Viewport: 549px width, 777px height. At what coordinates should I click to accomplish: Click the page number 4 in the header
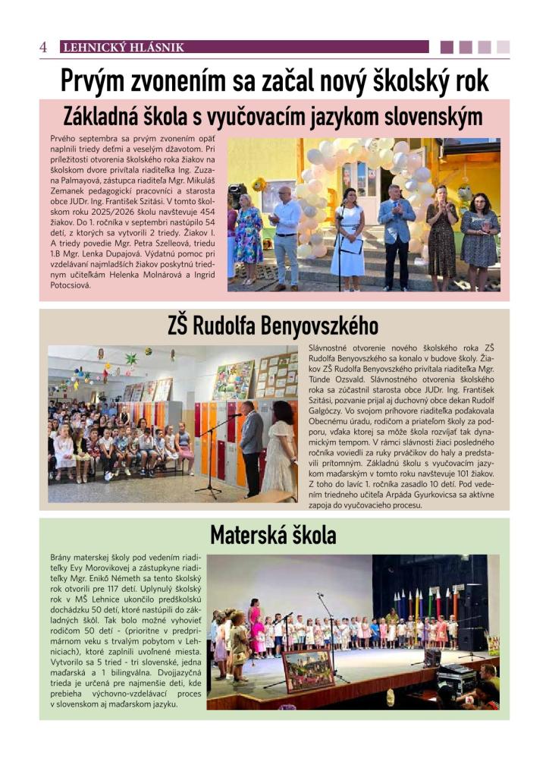pyautogui.click(x=43, y=47)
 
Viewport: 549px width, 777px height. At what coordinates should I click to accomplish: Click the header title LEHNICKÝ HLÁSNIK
pyautogui.click(x=123, y=47)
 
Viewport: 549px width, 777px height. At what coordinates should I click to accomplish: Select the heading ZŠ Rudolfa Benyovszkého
pyautogui.click(x=272, y=327)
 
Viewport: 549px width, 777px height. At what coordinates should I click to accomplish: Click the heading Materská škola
pyautogui.click(x=272, y=536)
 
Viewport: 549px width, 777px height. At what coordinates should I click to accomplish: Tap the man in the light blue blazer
pyautogui.click(x=397, y=231)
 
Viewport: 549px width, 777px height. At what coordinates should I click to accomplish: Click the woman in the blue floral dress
pyautogui.click(x=248, y=235)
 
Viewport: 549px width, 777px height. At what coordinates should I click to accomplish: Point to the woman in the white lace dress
pyautogui.click(x=278, y=451)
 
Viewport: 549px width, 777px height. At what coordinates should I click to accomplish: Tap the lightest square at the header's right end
pyautogui.click(x=503, y=47)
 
